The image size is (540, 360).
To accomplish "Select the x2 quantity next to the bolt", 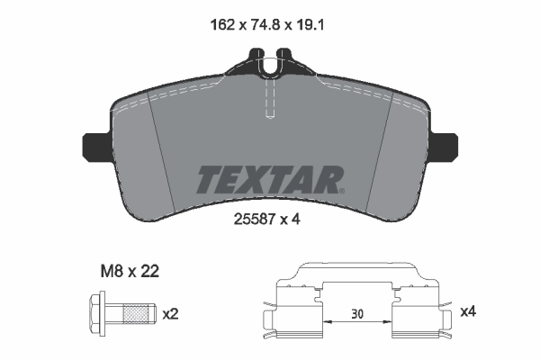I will point(169,314).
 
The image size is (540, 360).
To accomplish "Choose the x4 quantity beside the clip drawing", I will point(468,312).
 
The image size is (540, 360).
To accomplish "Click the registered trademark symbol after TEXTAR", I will point(341,190).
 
